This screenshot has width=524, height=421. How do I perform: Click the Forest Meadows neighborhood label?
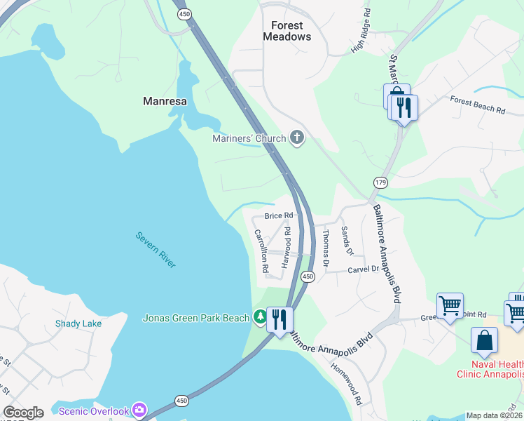[287, 31]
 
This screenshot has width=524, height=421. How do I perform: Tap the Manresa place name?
[165, 101]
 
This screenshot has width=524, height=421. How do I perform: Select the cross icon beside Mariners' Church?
[297, 138]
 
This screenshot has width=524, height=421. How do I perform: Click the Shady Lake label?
[78, 323]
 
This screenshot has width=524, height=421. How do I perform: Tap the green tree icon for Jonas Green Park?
[260, 318]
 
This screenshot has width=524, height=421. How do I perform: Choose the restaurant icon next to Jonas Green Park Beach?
[280, 319]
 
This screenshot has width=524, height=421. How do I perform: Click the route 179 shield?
[380, 182]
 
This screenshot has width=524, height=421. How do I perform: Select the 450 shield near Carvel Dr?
[308, 276]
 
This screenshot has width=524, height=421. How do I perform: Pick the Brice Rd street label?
[278, 215]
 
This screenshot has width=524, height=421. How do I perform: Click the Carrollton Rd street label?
[261, 250]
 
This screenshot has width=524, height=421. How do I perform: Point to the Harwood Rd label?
[286, 246]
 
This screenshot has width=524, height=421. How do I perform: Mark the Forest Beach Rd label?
[478, 105]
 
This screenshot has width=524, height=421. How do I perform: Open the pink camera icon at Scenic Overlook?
[139, 410]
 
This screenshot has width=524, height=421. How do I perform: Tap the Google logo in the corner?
[23, 413]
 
